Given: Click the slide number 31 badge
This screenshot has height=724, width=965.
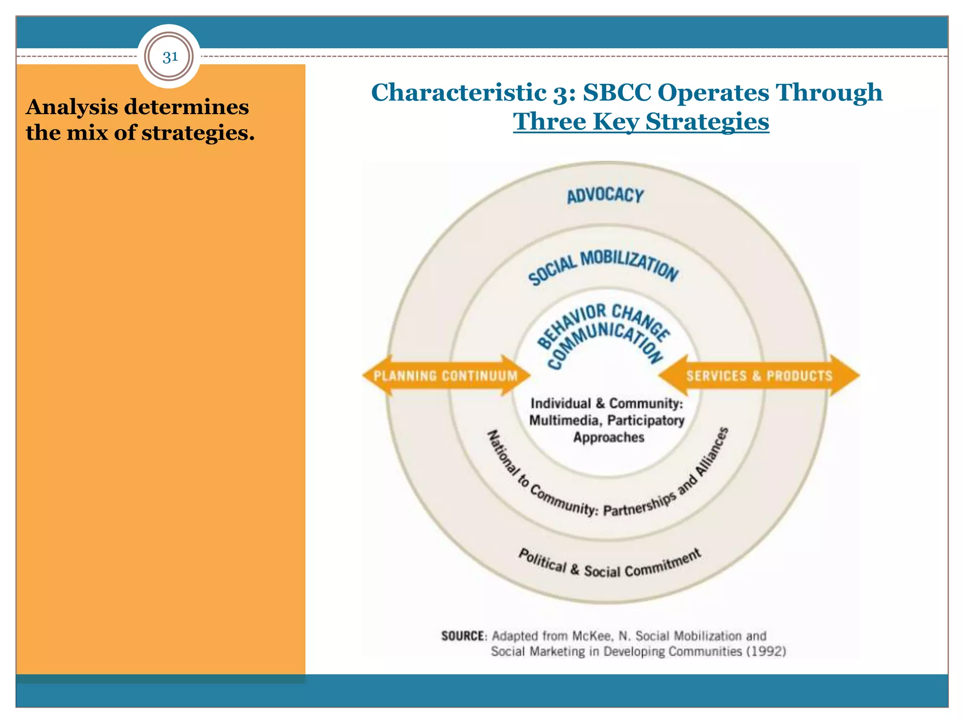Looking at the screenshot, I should (170, 57).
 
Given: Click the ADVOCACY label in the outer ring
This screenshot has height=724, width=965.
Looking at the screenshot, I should (605, 195).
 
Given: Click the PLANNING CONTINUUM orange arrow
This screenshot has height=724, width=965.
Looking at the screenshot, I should (446, 376).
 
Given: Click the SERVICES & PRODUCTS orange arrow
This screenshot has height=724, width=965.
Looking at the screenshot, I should (759, 376).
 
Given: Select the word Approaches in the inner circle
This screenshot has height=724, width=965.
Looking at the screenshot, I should (608, 437).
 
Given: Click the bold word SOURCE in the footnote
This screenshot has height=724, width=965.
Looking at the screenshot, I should (463, 636).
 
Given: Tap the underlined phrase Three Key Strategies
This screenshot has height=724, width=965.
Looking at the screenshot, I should (641, 122).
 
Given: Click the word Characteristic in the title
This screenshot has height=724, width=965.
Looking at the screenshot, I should (459, 92).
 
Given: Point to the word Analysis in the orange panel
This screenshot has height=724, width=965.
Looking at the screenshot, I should (72, 107).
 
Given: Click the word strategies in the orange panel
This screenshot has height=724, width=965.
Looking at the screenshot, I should (198, 133).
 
